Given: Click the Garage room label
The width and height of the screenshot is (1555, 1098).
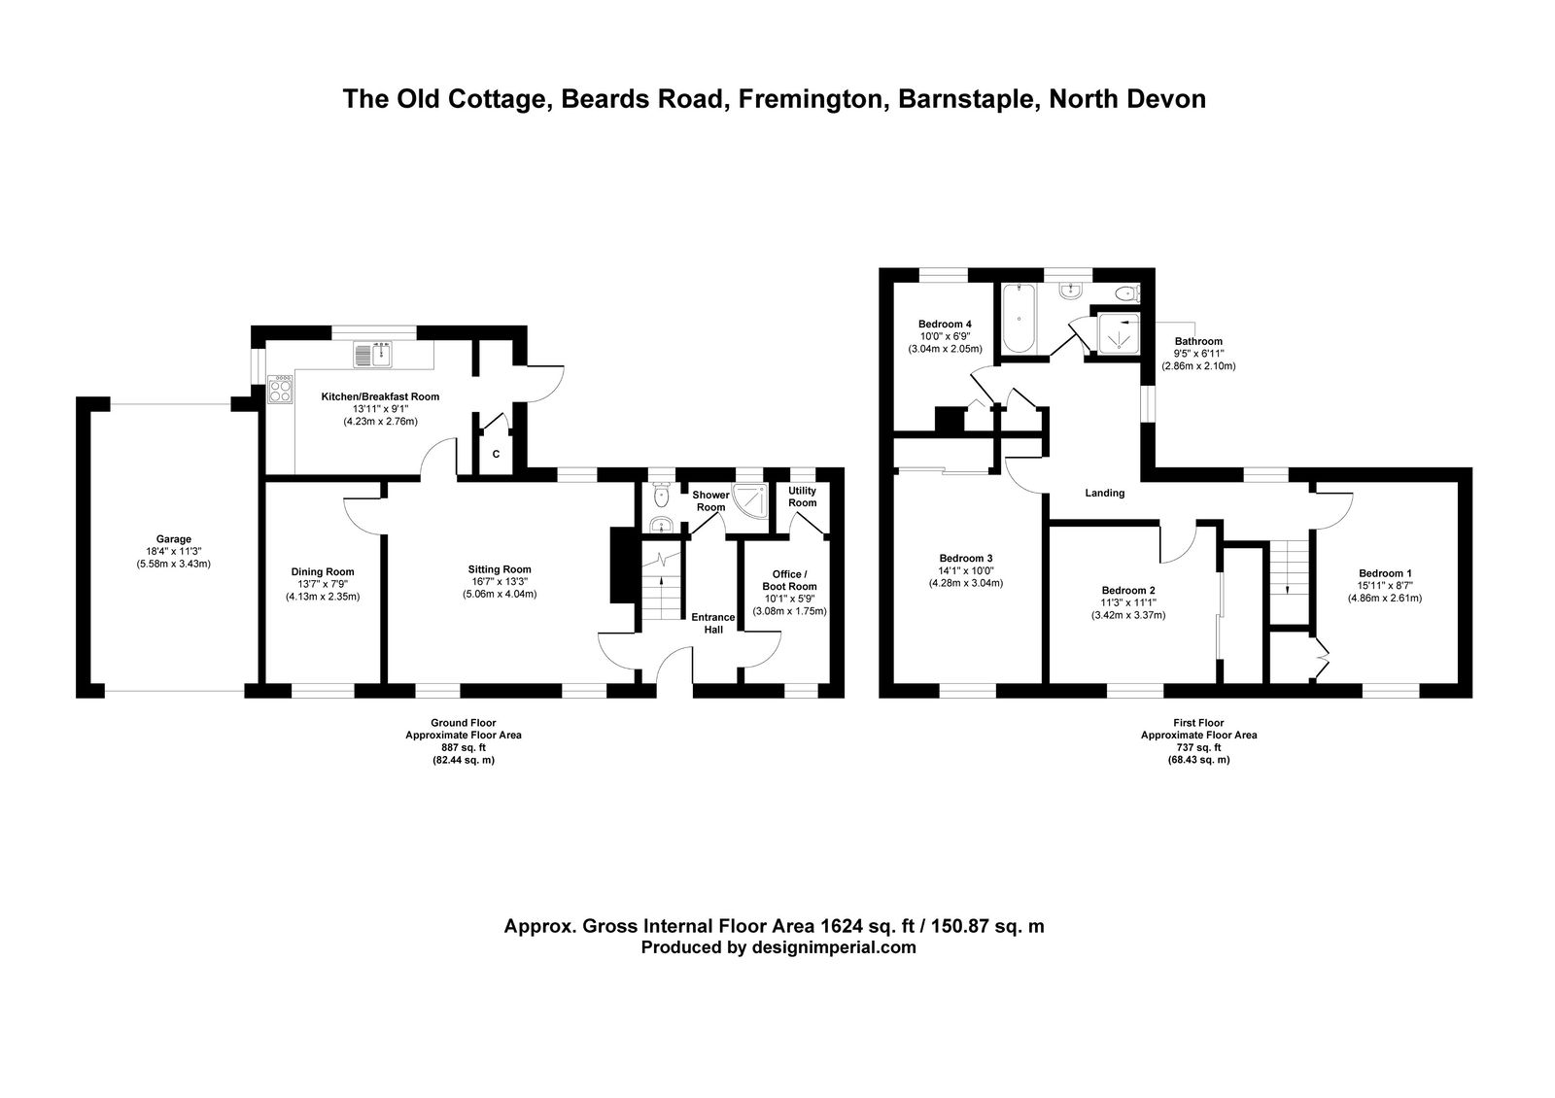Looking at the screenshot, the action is coord(174,539).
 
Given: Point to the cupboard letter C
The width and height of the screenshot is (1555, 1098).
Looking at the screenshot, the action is coord(496,455).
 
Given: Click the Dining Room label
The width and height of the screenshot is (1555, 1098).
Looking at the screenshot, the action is coord(323,572).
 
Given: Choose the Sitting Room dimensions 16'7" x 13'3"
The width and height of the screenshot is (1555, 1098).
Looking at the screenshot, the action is coord(500,582).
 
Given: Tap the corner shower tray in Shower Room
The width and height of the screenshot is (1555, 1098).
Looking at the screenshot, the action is coord(751,499).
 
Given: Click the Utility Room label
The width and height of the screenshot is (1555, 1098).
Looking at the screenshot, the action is coord(803,497).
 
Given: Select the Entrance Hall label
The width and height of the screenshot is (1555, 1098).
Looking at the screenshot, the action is coord(713,623).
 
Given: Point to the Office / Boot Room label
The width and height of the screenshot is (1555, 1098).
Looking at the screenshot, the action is coord(790,580).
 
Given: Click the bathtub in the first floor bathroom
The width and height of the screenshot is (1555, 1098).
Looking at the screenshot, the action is coord(1019,319).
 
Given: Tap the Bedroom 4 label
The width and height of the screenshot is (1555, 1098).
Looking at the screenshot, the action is coord(945,325).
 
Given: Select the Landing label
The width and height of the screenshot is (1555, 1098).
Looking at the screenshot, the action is coord(1104,493).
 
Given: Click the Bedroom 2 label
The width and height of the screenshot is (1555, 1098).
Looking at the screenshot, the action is coord(1128,590).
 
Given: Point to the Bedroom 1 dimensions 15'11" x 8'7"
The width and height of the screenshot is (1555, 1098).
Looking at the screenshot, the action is coord(1385,586).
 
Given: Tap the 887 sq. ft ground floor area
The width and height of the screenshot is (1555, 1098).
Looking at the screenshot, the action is coord(464,747).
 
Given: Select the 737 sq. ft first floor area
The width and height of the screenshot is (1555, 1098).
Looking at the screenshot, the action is coord(1199,747).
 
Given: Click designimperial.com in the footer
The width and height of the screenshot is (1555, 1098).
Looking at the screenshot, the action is coord(834,947).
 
